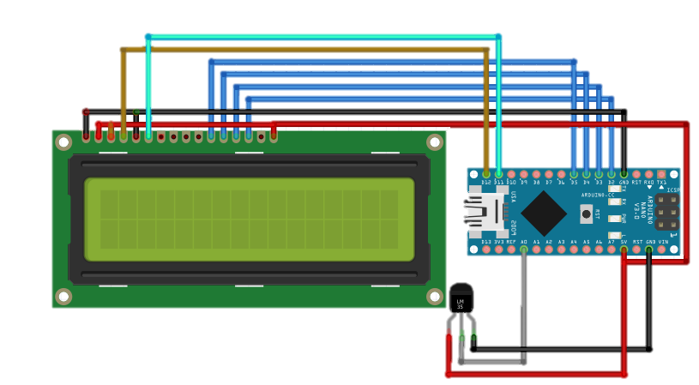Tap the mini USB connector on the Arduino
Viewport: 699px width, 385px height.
[x=484, y=213]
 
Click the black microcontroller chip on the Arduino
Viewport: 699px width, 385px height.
[x=544, y=214]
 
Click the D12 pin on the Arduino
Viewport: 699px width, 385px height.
[x=486, y=174]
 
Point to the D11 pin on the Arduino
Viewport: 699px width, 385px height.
[x=498, y=174]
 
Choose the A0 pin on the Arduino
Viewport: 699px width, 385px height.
[x=524, y=250]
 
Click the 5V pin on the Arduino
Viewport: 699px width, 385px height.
[x=624, y=250]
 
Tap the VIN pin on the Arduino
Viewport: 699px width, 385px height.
[x=661, y=250]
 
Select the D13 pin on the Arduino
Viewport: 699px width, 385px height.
[x=486, y=250]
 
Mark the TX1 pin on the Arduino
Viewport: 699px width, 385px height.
[x=661, y=174]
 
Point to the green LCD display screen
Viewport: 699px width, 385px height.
[x=249, y=220]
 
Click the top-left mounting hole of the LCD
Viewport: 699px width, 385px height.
[x=63, y=142]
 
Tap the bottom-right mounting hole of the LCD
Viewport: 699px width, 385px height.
[x=435, y=296]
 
